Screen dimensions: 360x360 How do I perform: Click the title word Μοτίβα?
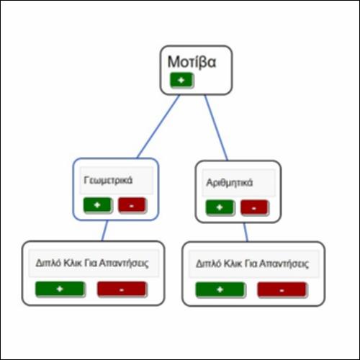tap(192, 62)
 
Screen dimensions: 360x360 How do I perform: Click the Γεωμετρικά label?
tap(108, 180)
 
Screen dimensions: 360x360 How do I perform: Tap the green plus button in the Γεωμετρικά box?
tap(97, 205)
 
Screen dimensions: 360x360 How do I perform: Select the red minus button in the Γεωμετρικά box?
tap(132, 205)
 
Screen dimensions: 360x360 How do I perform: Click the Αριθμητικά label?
tap(230, 183)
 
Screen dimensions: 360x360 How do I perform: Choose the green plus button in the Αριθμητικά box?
tap(220, 207)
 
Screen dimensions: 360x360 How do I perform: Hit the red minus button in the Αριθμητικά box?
tap(254, 207)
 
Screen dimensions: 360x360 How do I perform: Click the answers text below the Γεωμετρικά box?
tap(92, 263)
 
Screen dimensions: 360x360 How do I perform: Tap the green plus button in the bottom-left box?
tap(60, 289)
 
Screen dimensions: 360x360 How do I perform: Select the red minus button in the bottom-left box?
tap(122, 289)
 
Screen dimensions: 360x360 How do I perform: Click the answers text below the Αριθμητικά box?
tap(252, 264)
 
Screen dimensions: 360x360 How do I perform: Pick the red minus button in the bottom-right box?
tap(282, 290)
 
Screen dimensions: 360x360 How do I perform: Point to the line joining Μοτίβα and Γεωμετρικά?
tap(158, 127)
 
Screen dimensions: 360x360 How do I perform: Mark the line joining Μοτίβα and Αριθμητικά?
tap(216, 127)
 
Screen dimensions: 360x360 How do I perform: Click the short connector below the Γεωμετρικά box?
tap(105, 230)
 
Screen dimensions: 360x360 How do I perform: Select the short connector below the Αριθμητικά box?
tap(246, 233)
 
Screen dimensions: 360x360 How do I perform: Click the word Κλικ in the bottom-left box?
tap(72, 263)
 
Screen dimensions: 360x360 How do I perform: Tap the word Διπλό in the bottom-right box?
tap(208, 264)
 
